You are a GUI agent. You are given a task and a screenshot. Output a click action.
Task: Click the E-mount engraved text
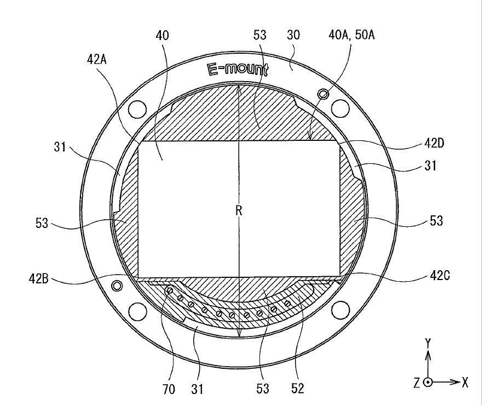pos(238,70)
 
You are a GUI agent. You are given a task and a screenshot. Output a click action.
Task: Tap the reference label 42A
pos(97,59)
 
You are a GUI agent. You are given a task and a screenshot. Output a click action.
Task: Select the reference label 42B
pos(39,279)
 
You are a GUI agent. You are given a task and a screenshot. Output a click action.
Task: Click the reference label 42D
pos(434,143)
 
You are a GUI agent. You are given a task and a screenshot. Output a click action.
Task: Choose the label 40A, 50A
pos(351,35)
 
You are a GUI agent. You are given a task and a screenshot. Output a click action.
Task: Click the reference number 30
pos(293,35)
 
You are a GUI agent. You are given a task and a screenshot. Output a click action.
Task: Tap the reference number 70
pos(169,389)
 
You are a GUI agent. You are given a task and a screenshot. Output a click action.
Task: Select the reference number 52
pos(298,388)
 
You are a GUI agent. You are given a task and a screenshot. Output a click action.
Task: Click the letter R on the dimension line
pos(239,210)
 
